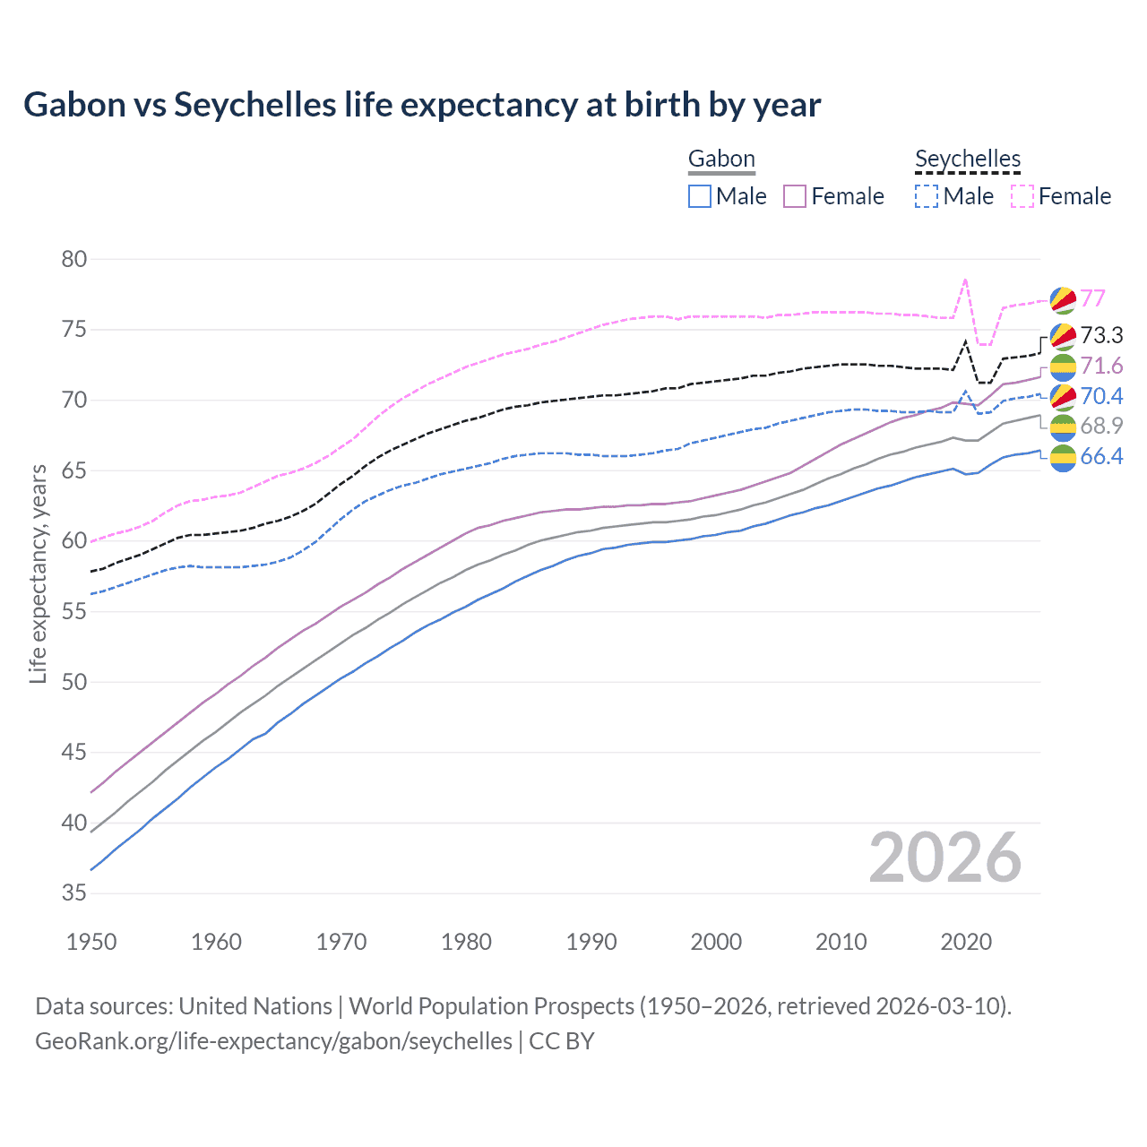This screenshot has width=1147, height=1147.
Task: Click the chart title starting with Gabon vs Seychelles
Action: point(422,105)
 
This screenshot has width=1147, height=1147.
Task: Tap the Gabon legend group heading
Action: point(721,160)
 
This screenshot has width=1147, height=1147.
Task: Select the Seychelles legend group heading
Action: point(968,160)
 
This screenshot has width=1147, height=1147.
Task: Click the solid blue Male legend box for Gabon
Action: point(700,196)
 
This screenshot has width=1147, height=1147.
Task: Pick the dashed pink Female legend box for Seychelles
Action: point(1022,196)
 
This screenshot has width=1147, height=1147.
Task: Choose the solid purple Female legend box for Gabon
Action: point(795,196)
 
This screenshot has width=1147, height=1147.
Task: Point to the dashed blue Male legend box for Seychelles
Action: point(927,196)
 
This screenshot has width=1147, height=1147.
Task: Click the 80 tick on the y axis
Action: point(74,260)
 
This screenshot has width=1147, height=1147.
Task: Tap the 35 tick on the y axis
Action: point(74,893)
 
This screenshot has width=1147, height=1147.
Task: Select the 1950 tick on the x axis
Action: point(91,942)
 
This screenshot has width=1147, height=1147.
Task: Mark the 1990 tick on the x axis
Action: point(591,942)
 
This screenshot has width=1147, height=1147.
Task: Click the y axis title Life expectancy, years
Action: point(38,573)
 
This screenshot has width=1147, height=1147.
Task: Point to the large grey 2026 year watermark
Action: point(944,858)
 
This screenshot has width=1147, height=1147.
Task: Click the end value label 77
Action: point(1092,298)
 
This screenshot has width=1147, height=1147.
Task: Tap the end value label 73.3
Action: point(1101,335)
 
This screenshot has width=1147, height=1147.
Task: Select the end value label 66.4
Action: point(1101,457)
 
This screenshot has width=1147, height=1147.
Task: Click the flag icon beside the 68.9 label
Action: point(1063,427)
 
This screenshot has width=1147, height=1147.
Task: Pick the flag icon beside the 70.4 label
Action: point(1063,396)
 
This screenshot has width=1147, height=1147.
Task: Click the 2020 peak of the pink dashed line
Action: point(965,280)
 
